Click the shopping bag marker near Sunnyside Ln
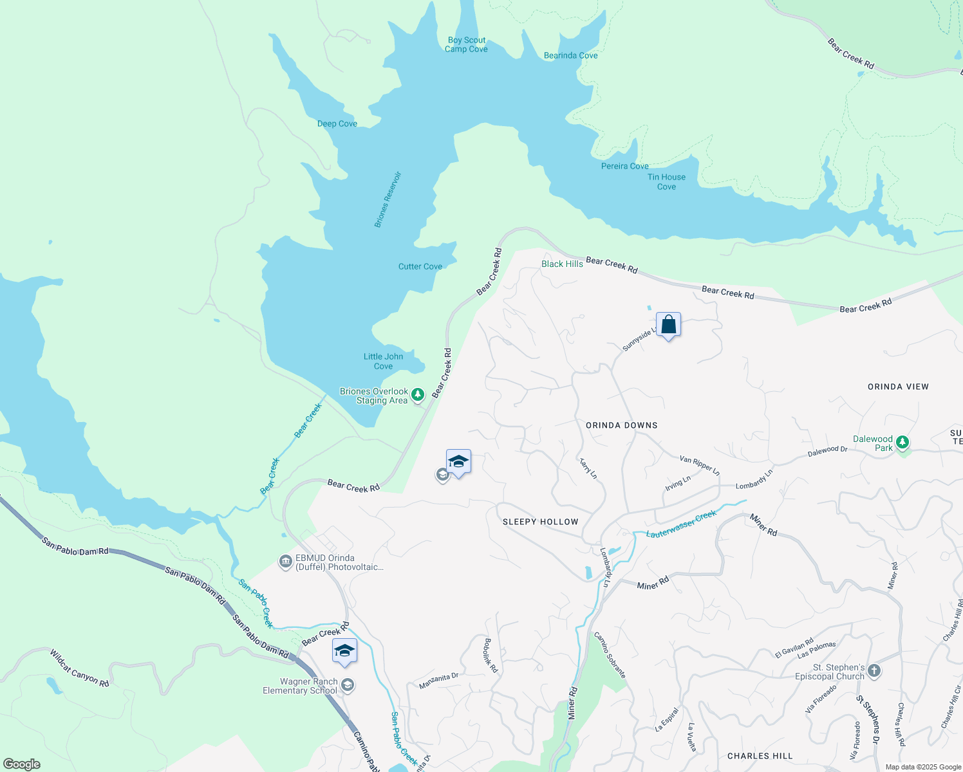[x=668, y=325]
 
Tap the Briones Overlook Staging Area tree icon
[x=418, y=394]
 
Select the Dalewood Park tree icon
[x=902, y=442]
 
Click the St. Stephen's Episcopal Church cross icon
[x=874, y=671]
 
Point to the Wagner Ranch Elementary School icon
[x=348, y=685]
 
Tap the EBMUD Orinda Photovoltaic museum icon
[x=285, y=562]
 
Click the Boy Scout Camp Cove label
[x=466, y=44]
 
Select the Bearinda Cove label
[x=570, y=55]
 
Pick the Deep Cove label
[x=337, y=124]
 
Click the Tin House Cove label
[x=666, y=181]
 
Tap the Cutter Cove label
[x=420, y=266]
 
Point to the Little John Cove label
[x=383, y=361]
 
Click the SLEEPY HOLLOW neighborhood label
[x=540, y=522]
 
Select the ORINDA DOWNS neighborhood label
[x=621, y=425]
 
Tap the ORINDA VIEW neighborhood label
[x=898, y=387]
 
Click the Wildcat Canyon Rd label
[x=79, y=668]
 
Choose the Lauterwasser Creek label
[x=681, y=524]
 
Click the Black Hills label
[x=562, y=264]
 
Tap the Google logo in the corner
[x=21, y=764]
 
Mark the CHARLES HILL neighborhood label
[x=760, y=756]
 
